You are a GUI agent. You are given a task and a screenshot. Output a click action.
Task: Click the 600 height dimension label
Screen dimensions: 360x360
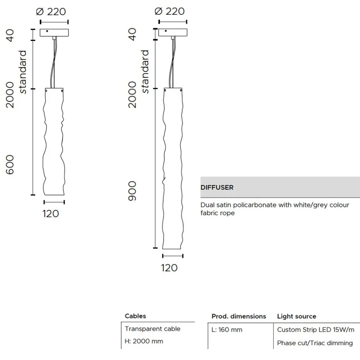(10, 164)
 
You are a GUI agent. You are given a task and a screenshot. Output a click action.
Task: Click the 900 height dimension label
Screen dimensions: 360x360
(132, 191)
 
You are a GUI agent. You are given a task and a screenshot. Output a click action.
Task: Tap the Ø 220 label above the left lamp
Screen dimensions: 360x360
(51, 12)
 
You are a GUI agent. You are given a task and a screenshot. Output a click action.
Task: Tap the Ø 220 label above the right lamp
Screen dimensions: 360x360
(169, 11)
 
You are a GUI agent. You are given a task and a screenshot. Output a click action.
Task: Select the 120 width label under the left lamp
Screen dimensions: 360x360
(51, 214)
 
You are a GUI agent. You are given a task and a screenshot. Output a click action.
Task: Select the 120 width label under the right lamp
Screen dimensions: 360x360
(169, 268)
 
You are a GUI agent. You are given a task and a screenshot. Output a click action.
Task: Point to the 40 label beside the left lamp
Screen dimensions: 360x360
(10, 35)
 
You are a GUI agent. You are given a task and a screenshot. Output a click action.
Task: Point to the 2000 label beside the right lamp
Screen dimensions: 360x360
(132, 94)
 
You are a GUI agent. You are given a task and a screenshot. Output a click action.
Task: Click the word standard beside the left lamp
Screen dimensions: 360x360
(22, 72)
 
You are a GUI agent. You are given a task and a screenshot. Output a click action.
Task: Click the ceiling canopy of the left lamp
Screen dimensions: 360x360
(54, 33)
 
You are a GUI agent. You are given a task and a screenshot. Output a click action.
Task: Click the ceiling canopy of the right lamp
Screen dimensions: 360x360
(173, 32)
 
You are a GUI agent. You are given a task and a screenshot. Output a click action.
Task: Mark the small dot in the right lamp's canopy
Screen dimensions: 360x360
(166, 31)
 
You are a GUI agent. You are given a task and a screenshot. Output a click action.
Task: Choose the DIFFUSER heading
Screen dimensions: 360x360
(217, 188)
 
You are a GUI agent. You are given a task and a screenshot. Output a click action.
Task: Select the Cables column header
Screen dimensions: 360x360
(135, 316)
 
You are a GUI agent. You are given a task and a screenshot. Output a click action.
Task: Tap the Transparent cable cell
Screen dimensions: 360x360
(153, 329)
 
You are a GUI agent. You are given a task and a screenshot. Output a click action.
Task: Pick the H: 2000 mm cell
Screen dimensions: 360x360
(144, 341)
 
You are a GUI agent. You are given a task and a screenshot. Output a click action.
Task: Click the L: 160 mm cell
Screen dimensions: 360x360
(227, 330)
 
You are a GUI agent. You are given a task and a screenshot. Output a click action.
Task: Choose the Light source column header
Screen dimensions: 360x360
(297, 316)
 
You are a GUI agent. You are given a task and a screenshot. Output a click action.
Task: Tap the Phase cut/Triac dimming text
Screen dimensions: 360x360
(315, 343)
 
